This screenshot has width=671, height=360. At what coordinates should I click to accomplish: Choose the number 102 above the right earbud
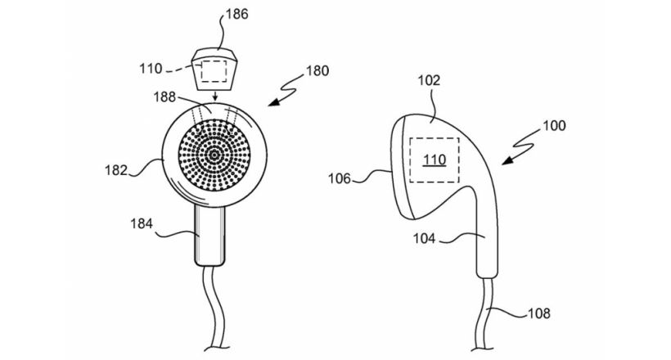coord(428,80)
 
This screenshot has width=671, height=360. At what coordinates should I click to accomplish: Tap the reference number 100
coord(552,127)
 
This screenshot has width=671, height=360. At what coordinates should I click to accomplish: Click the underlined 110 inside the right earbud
coord(435,160)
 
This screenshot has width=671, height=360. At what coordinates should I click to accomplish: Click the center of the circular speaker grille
coord(214,155)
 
